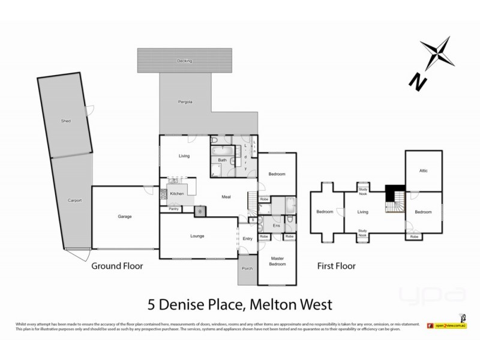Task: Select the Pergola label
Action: [185, 102]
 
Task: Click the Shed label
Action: [66, 121]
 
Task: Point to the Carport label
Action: [74, 200]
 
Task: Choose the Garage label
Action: [125, 217]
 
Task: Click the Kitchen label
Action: [176, 194]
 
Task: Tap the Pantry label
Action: [173, 209]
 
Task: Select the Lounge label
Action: [197, 236]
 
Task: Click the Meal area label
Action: [226, 197]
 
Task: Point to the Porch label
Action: [247, 268]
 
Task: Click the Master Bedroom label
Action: [277, 261]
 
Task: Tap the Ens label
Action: [276, 226]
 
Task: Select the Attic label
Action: [423, 171]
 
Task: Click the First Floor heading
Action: [336, 266]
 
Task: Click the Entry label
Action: [247, 239]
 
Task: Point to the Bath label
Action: [222, 160]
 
